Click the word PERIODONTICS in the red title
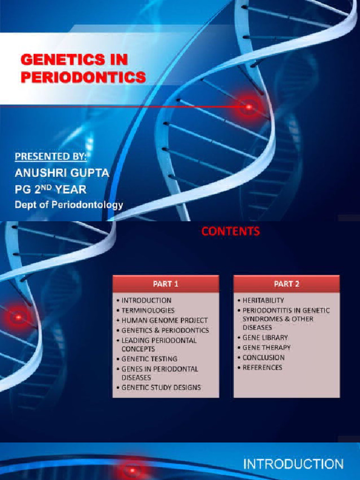[83, 77]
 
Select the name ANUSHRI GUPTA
[62, 173]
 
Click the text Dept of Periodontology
[68, 204]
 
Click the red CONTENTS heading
[230, 231]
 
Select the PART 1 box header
[165, 284]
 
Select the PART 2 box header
[286, 284]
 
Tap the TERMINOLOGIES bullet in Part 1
[148, 310]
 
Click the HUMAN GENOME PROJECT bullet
[165, 320]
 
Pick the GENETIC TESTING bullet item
[149, 359]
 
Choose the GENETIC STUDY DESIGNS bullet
[161, 388]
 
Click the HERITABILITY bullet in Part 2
[263, 300]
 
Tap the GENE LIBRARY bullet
[265, 337]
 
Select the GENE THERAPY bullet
[266, 347]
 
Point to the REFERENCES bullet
[262, 367]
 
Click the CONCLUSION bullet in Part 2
[263, 358]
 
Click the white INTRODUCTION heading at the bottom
[293, 465]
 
